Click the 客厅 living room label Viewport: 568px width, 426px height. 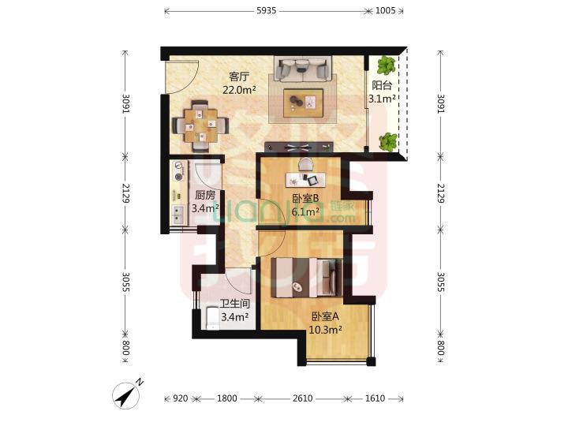(x=240, y=77)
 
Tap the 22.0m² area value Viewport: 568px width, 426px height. (x=239, y=90)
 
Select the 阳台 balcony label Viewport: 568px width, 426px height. (x=382, y=85)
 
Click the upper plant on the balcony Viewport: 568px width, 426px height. (x=386, y=65)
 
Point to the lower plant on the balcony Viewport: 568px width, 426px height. (x=388, y=142)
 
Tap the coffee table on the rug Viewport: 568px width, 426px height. (x=303, y=103)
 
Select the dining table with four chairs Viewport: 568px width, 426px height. (x=200, y=125)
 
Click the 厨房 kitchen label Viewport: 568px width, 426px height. (x=205, y=196)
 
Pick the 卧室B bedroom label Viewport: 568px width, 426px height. (x=305, y=198)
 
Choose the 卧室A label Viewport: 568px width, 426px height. (x=325, y=316)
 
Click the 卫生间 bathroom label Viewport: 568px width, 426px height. (x=235, y=304)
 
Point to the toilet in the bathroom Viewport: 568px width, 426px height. (x=212, y=318)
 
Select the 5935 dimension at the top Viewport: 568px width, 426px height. (x=267, y=10)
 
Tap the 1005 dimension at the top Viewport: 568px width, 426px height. (x=385, y=10)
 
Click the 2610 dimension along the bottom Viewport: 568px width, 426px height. (x=302, y=398)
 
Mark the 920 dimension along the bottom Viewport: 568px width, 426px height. (x=180, y=398)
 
